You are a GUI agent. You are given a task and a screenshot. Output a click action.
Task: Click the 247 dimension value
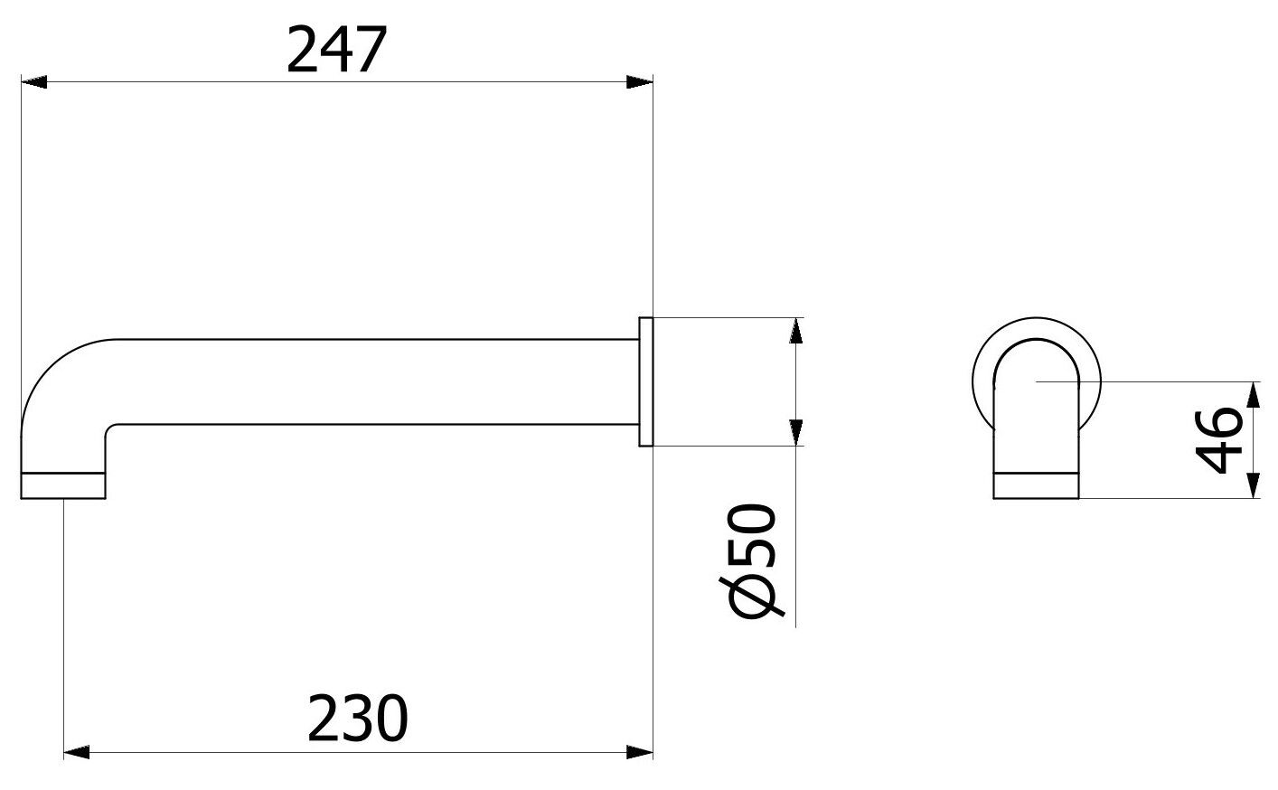click(336, 51)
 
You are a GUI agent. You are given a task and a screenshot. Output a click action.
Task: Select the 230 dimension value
click(358, 719)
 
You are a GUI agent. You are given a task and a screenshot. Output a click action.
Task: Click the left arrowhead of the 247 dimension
click(33, 83)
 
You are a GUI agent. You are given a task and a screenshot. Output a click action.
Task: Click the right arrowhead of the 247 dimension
click(640, 83)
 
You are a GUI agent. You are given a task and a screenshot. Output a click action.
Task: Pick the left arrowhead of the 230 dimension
click(77, 752)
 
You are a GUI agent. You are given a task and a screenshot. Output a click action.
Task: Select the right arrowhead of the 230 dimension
click(640, 752)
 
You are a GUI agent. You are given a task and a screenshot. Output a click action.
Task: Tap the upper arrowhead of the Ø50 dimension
click(795, 331)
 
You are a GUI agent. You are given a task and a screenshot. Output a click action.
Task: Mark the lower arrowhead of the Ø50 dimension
click(795, 431)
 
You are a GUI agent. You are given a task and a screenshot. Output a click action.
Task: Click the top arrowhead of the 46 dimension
click(1253, 395)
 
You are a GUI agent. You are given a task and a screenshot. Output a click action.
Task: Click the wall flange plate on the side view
click(645, 381)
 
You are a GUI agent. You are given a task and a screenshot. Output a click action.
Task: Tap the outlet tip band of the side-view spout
click(63, 485)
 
